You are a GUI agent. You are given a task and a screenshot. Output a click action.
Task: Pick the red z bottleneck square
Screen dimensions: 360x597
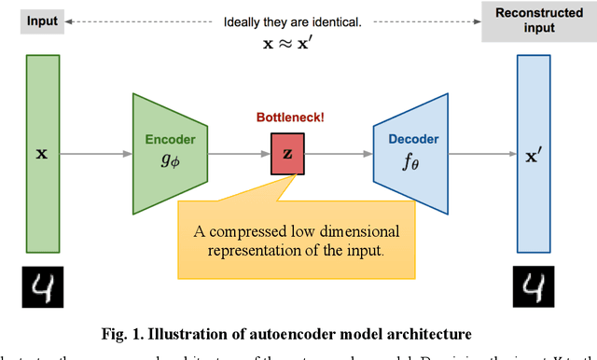point(287,153)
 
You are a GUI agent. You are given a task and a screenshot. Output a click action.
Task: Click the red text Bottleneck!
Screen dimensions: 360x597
point(286,118)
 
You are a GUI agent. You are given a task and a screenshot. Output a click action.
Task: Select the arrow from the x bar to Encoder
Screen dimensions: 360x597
point(96,153)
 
